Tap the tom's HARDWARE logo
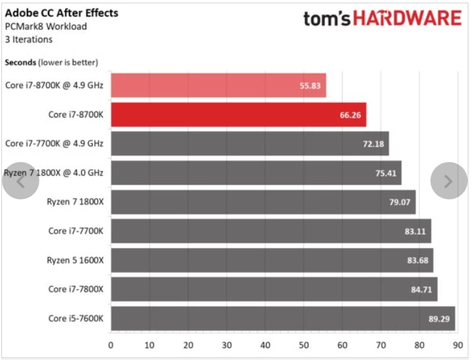(x=382, y=18)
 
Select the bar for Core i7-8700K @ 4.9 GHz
(x=218, y=86)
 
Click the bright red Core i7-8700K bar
(x=238, y=115)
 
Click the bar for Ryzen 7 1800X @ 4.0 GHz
(x=255, y=172)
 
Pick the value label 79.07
(x=399, y=202)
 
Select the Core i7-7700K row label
(x=76, y=231)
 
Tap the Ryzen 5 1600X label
(x=75, y=260)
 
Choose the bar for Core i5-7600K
(x=282, y=318)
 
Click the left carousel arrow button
(x=20, y=181)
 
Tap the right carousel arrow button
(x=448, y=181)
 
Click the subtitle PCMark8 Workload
(x=46, y=27)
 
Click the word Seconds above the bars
(x=20, y=62)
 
